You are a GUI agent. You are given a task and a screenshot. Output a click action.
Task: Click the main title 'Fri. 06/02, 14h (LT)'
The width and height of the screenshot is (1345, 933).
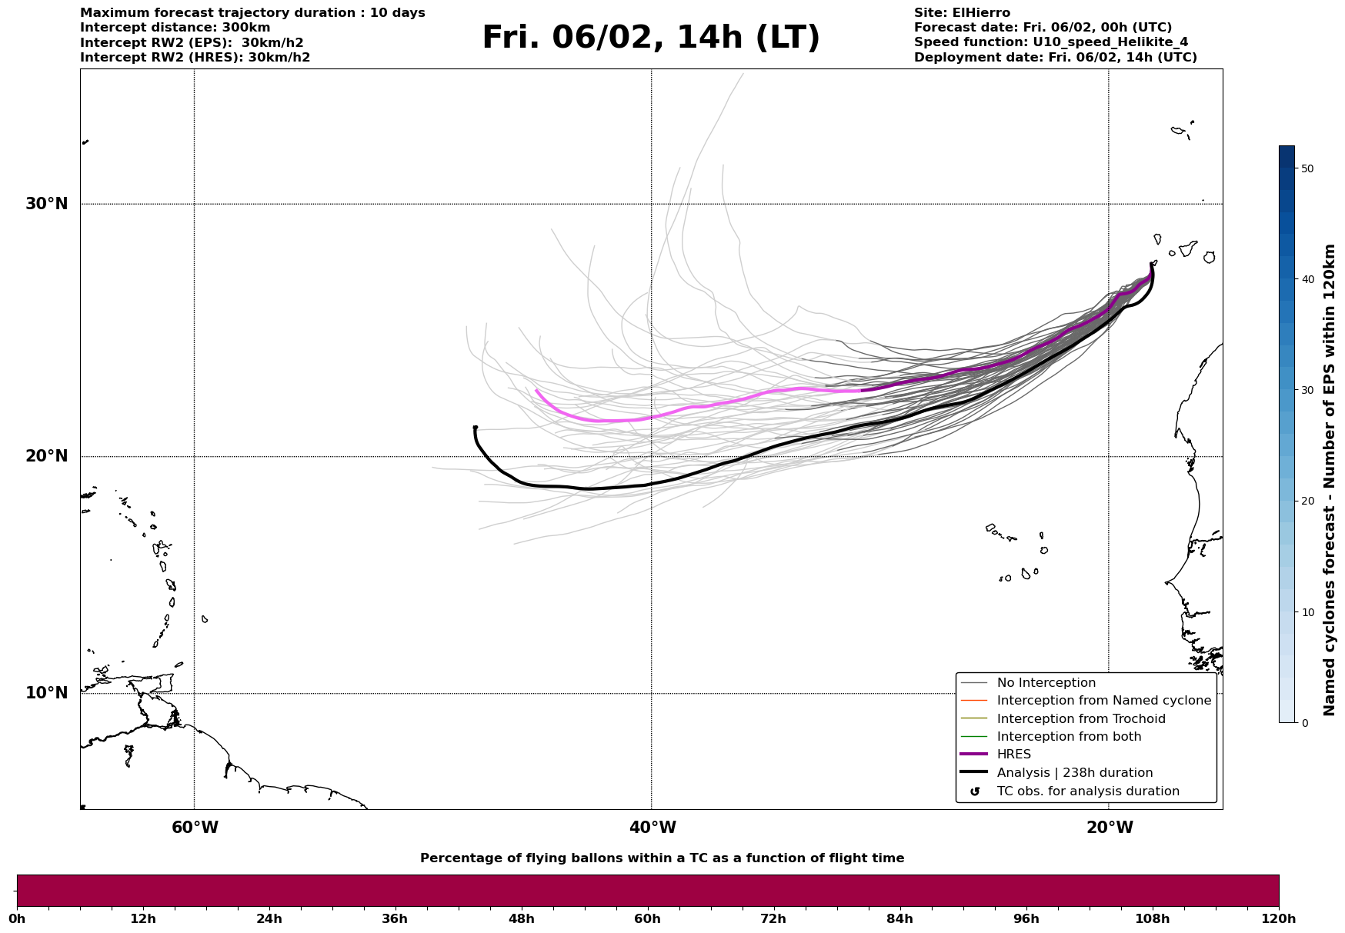[x=651, y=38]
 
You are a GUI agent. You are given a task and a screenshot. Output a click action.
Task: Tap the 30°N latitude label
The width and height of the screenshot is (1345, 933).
[x=46, y=204]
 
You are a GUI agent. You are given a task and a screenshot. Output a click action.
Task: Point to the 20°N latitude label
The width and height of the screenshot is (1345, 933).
[x=46, y=456]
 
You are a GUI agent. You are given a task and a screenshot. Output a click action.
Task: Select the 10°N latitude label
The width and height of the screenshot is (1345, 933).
[x=46, y=693]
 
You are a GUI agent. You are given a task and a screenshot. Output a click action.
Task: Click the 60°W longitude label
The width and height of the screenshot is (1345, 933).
[x=195, y=828]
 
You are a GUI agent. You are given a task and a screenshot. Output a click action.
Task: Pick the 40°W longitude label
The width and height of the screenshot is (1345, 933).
[x=652, y=828]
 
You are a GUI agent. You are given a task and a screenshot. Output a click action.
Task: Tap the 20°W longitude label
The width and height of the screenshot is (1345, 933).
[x=1109, y=828]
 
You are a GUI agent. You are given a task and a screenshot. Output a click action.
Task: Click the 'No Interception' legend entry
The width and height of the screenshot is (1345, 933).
[x=1046, y=683]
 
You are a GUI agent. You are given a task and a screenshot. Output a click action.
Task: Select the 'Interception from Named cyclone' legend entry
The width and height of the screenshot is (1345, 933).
[x=1103, y=701]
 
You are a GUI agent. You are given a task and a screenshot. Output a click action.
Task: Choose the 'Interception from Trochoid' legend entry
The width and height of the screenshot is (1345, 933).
[x=1080, y=719]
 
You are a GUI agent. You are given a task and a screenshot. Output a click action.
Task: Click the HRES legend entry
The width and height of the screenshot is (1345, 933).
[x=1013, y=755]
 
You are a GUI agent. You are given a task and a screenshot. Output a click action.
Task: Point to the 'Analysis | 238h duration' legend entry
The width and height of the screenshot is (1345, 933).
[x=1074, y=773]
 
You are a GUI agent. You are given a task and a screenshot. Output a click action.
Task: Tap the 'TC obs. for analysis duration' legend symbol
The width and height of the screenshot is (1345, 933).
[x=975, y=791]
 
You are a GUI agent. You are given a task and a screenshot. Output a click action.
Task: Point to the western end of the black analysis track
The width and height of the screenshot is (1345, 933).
[x=475, y=428]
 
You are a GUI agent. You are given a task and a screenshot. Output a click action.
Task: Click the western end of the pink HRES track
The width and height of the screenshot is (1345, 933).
[x=537, y=391]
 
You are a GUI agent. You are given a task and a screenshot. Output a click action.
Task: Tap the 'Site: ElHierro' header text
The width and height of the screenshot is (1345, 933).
[x=962, y=13]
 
